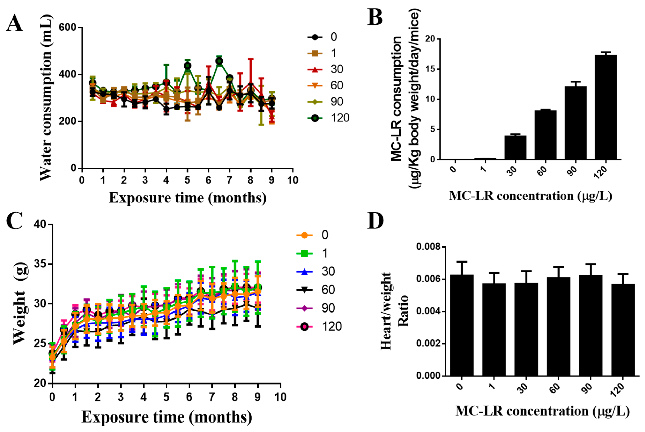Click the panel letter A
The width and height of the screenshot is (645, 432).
14,23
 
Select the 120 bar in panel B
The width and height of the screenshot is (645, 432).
605,107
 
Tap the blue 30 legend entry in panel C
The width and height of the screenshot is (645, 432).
316,272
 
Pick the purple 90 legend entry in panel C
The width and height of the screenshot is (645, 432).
316,308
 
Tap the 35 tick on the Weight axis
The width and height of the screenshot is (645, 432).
40,264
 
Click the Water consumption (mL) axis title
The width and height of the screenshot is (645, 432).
45,98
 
